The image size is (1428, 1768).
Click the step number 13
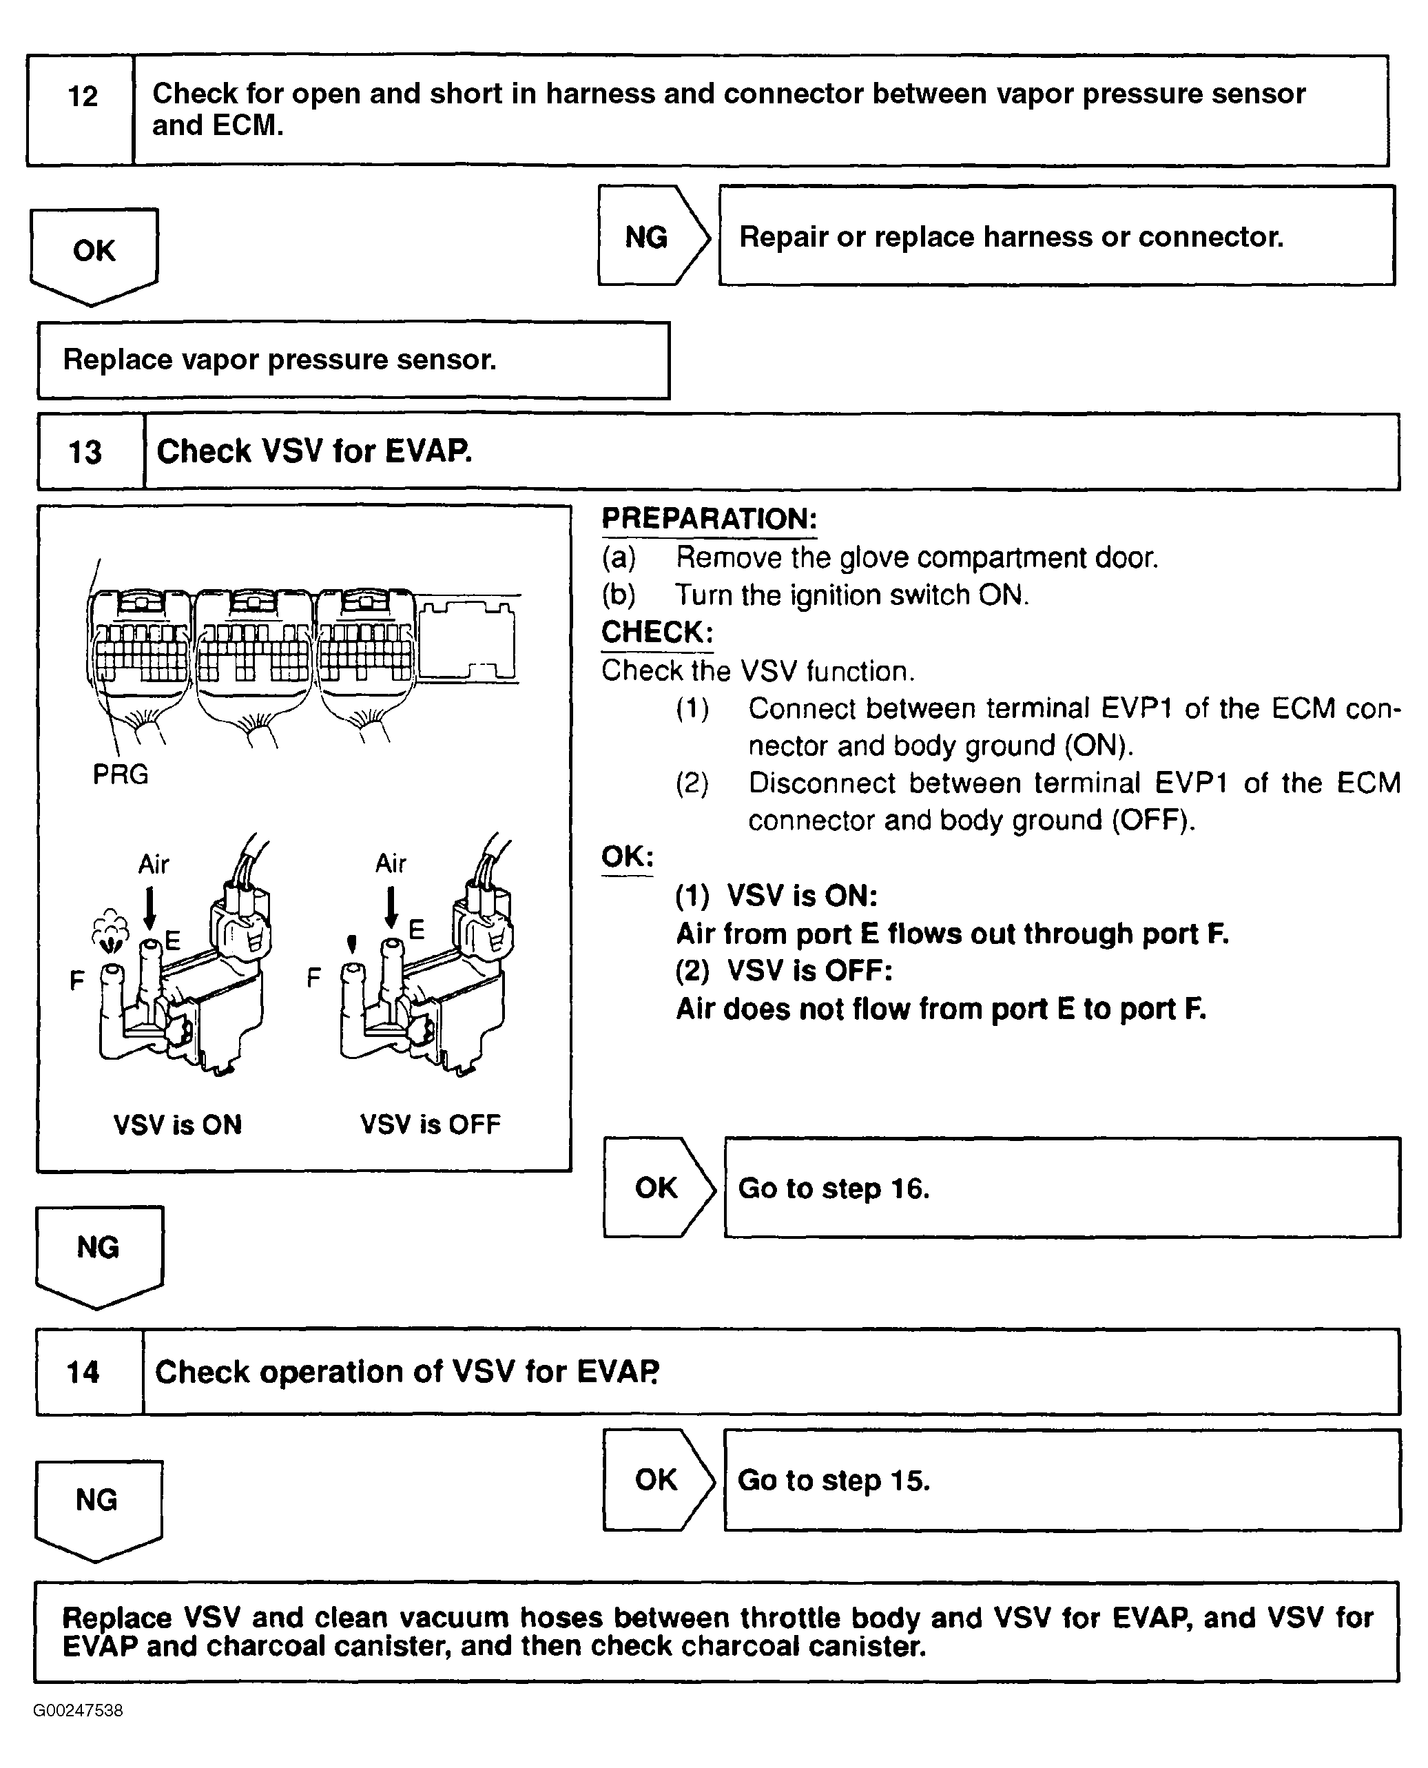coord(85,453)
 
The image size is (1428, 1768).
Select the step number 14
coord(83,1373)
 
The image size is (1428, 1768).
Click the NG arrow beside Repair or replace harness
coord(650,237)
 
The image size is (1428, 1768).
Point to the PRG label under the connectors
coord(120,775)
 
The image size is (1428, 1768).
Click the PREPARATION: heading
coord(709,519)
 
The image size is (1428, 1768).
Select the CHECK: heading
coord(657,633)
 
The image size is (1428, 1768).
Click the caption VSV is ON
coord(178,1125)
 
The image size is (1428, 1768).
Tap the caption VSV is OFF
coord(431,1124)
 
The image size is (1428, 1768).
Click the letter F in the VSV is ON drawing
coord(76,980)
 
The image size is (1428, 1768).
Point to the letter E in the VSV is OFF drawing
coord(417,929)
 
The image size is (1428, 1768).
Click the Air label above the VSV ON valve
coord(154,865)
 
